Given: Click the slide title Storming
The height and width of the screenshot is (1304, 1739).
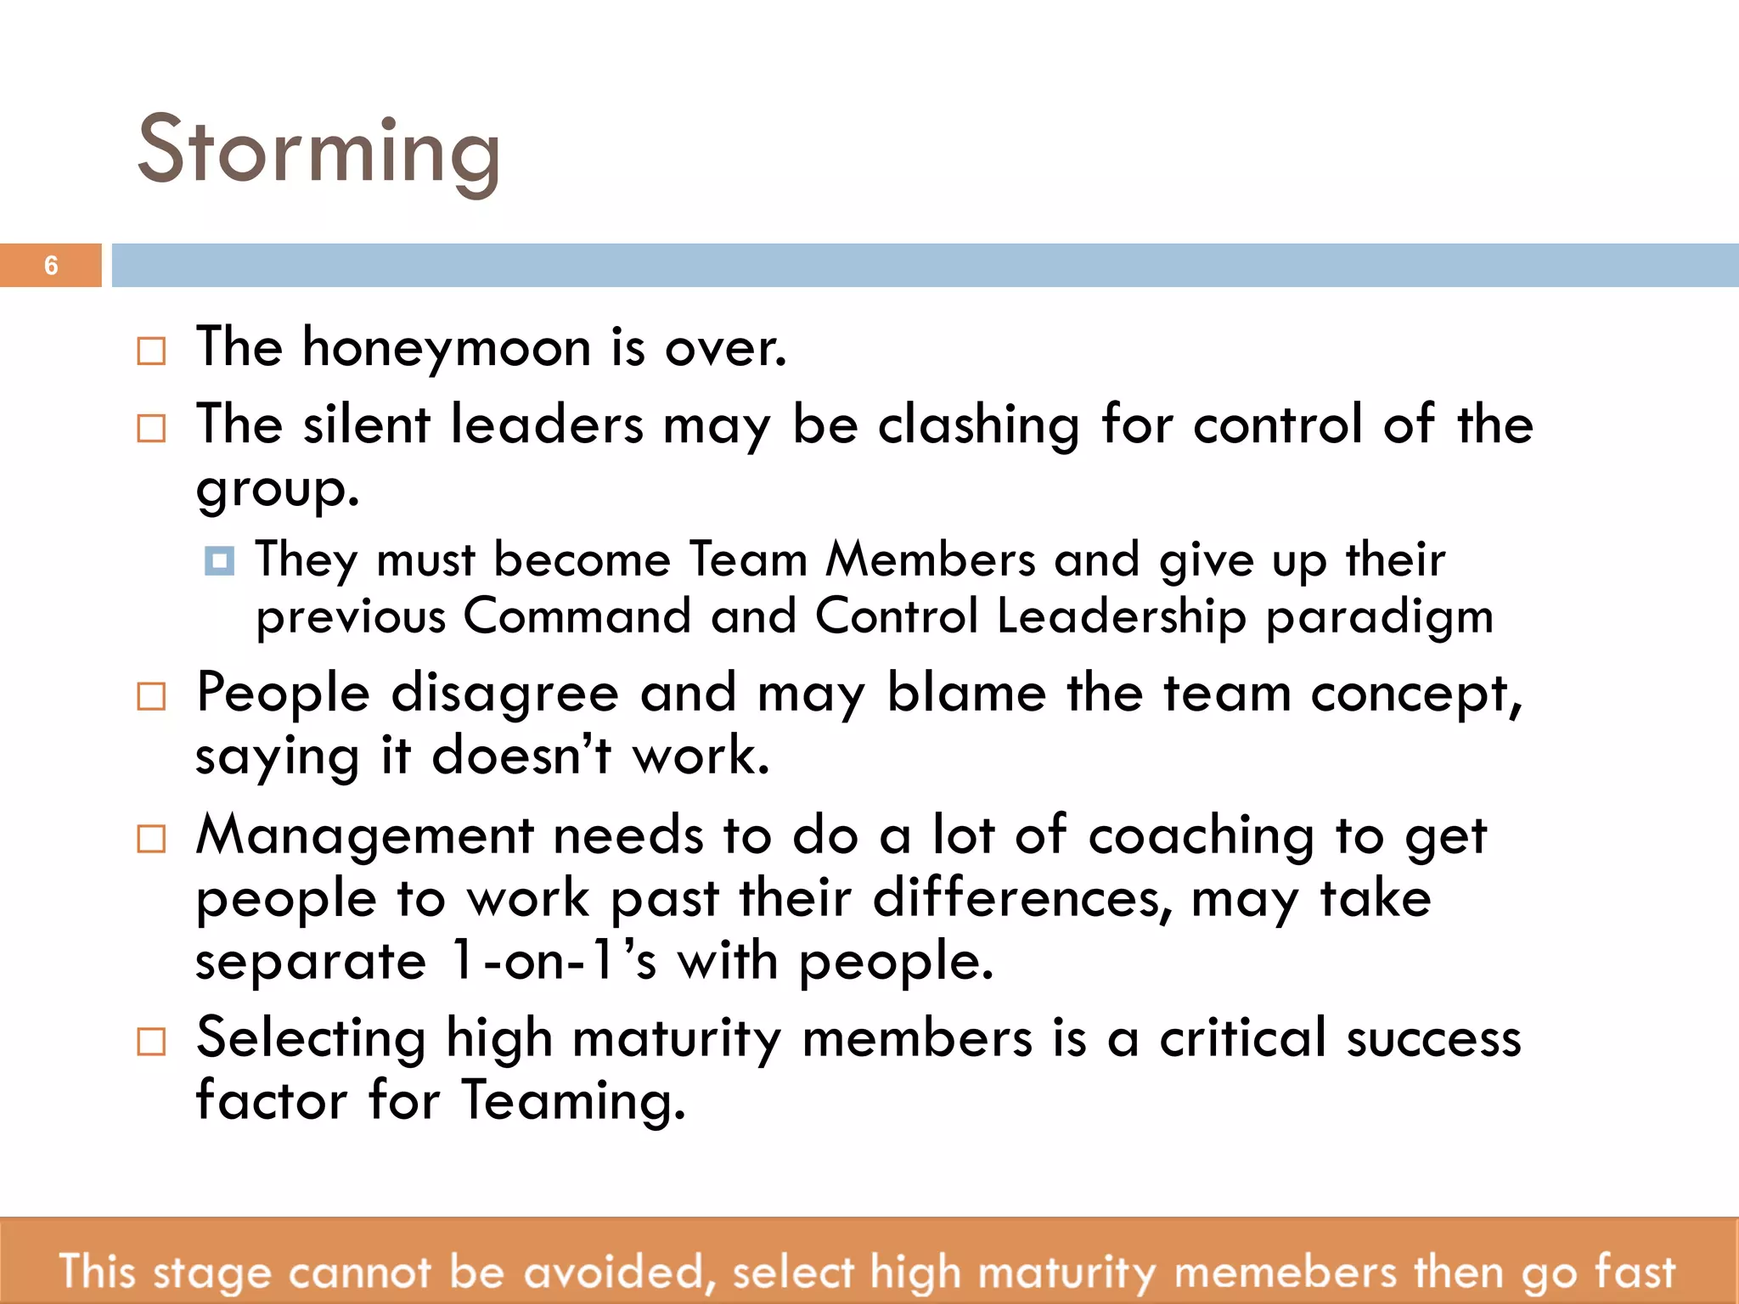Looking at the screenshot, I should tap(319, 151).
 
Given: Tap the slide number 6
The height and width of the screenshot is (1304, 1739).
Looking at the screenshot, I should tap(51, 266).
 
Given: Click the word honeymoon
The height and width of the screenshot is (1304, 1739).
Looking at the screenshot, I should tap(447, 347).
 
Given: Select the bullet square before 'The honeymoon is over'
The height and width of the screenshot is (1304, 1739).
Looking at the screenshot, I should tap(151, 351).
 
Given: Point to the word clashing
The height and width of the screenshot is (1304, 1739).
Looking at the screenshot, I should tap(978, 424).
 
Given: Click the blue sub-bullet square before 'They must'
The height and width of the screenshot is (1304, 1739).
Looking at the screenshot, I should tap(219, 561).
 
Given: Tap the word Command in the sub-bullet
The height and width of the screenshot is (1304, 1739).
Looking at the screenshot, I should tap(577, 615).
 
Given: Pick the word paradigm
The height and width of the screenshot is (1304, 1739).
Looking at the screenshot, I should tap(1379, 617).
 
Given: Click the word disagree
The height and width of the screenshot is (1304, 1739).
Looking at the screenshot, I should tap(504, 694).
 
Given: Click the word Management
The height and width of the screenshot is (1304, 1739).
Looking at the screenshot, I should tap(365, 836).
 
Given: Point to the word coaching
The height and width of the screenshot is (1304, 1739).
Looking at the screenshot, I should tap(1201, 836).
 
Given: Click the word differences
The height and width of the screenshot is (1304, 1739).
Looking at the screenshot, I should tap(1022, 898).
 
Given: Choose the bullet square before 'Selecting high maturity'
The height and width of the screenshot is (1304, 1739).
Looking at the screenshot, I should tap(151, 1041).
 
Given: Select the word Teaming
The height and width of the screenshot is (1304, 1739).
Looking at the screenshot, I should tap(573, 1100).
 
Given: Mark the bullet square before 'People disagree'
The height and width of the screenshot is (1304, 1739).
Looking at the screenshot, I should tap(151, 697).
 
